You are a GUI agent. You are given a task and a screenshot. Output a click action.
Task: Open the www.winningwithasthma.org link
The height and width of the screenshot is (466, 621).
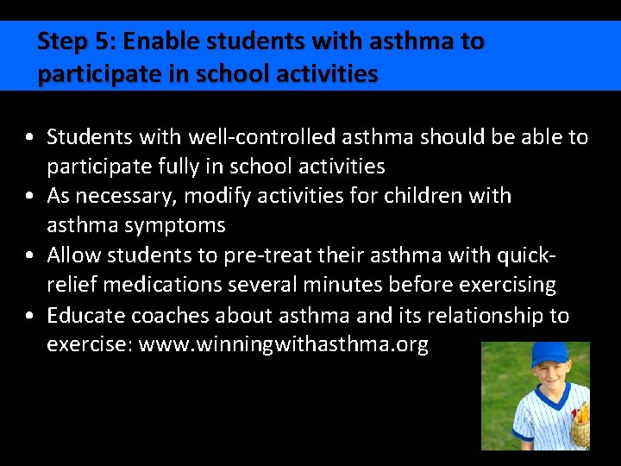coord(283,344)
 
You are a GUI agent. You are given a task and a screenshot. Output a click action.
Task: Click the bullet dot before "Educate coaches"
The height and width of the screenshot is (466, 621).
coord(30,316)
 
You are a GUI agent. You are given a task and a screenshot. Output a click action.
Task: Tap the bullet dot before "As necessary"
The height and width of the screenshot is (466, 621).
coord(30,197)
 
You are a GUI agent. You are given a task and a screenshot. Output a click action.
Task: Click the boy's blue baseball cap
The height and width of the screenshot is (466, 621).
coord(549,354)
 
